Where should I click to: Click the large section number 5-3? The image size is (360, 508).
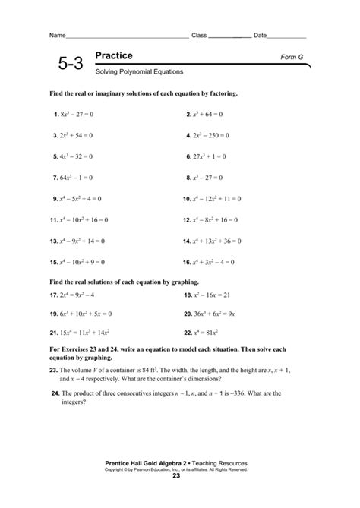pos(67,65)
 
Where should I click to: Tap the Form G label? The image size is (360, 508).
pos(293,57)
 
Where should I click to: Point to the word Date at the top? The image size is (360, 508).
pos(261,36)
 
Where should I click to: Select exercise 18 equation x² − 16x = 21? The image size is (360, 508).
pos(210,295)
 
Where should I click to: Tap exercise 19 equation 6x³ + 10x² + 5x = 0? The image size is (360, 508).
pos(85,314)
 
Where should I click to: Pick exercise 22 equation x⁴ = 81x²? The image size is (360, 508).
pos(206,333)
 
